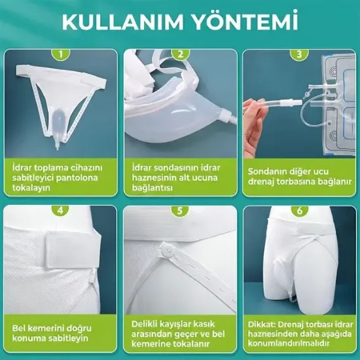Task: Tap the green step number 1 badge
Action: tap(62, 55)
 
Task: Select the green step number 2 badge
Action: tap(180, 55)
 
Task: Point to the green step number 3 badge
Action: tap(299, 55)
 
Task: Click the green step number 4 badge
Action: tap(62, 211)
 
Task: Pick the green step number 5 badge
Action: tap(180, 211)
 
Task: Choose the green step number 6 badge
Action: tap(299, 211)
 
